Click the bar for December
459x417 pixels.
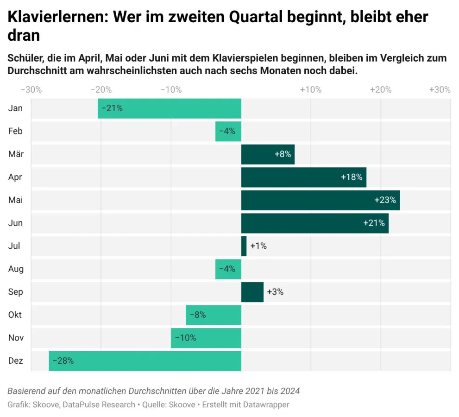[x=145, y=361]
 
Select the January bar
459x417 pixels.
[x=170, y=108]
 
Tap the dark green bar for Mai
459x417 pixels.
[x=320, y=200]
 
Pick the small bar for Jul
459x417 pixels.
[x=244, y=246]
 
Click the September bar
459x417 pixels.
[x=252, y=292]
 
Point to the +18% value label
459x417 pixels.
[x=352, y=177]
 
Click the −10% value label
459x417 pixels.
[x=185, y=338]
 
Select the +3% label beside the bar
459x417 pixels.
[x=275, y=292]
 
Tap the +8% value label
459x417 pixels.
[x=283, y=154]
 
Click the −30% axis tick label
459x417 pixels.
[x=31, y=89]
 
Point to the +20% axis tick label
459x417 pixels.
[x=380, y=89]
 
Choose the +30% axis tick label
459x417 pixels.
[x=440, y=89]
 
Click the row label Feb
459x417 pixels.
[x=15, y=131]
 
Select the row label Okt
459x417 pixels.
[x=15, y=315]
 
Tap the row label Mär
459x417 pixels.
[x=16, y=154]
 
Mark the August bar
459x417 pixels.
[x=228, y=269]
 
